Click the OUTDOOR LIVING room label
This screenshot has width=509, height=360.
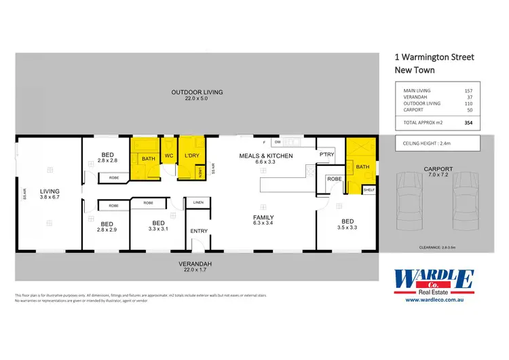pos(197,92)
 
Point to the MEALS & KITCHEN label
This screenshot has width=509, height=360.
pos(265,156)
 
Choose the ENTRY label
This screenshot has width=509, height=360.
pos(199,231)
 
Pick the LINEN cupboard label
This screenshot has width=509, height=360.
pos(198,202)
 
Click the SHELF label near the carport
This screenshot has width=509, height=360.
pos(369,190)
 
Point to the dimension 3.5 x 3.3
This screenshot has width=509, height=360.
pos(347,228)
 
